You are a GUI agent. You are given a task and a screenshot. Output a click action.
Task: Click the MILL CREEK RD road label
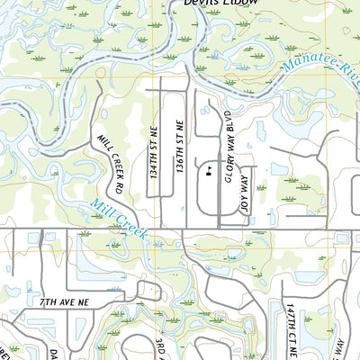point(109,165)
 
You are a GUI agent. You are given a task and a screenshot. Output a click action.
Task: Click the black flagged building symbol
point(210,168)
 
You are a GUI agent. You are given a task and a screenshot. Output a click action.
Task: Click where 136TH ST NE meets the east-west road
point(183,229)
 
